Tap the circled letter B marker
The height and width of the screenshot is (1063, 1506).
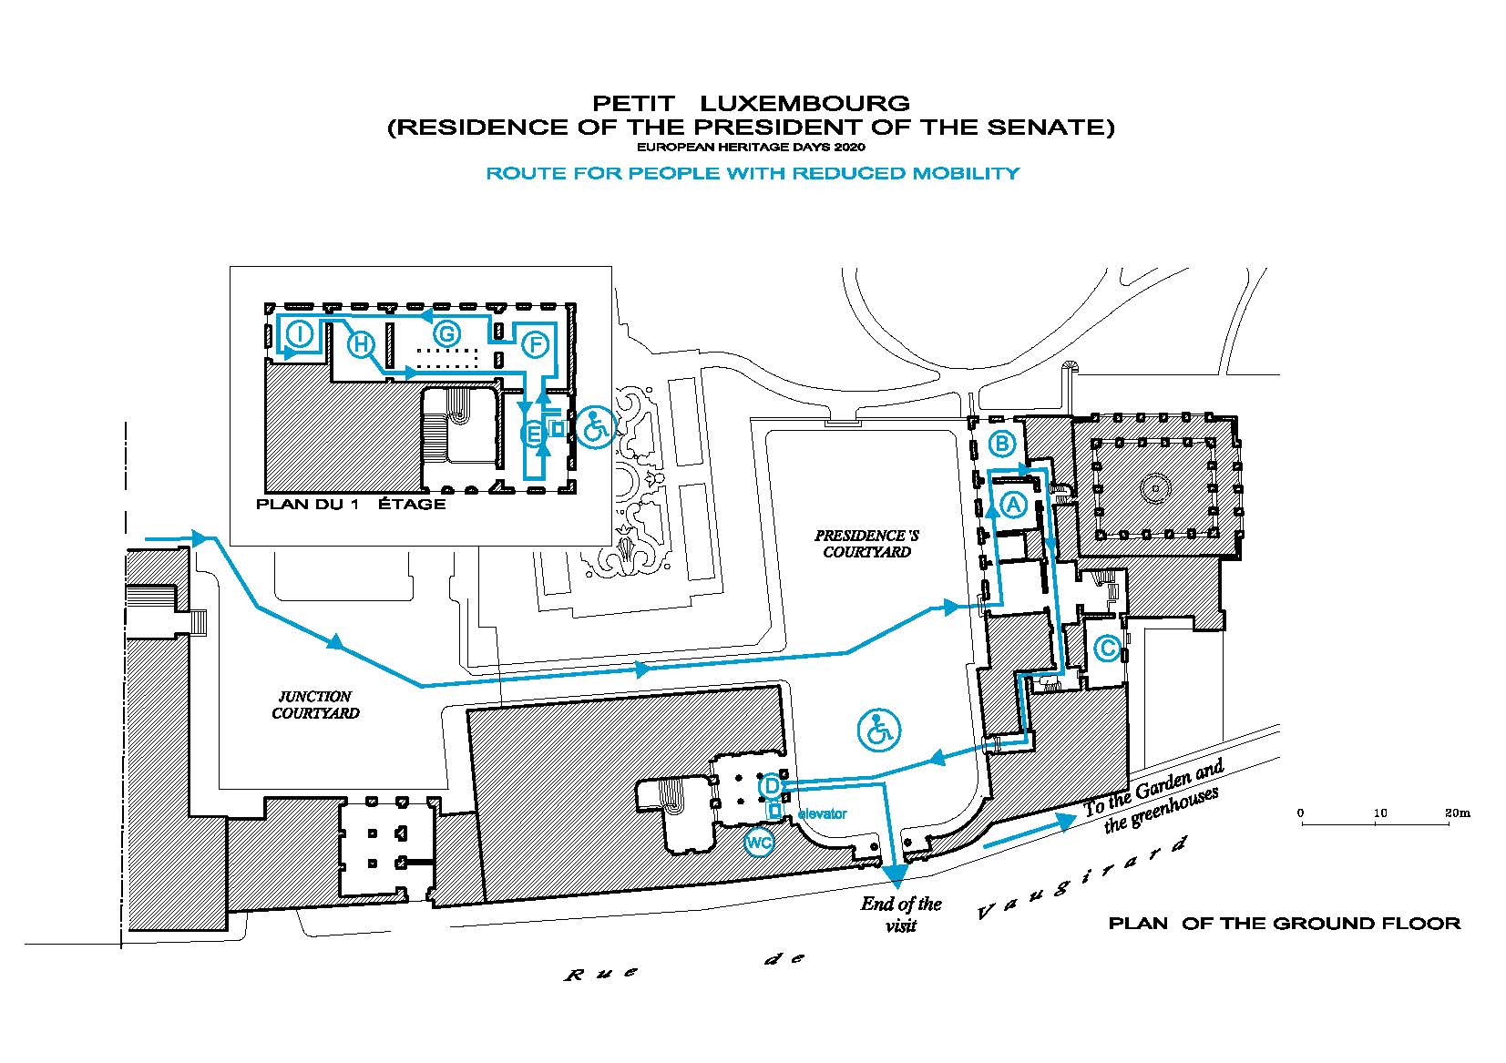tap(1002, 444)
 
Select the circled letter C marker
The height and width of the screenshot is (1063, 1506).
tap(1107, 649)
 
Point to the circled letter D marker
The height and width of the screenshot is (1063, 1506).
tap(771, 785)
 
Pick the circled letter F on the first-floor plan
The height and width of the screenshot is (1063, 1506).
tap(535, 345)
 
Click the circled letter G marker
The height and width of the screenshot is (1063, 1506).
tap(447, 333)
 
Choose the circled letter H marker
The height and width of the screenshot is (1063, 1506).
tap(361, 344)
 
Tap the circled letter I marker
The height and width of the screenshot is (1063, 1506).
tap(301, 333)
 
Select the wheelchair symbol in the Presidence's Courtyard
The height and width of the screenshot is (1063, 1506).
tap(879, 730)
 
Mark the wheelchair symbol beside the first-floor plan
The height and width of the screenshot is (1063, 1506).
tap(596, 427)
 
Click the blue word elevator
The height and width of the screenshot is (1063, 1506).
tap(822, 813)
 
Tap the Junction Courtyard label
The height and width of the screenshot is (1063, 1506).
tap(315, 705)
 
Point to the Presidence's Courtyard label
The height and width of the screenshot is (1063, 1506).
tap(866, 543)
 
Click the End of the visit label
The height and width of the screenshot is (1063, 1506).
tap(901, 915)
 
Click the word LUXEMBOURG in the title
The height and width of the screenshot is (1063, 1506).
tap(804, 104)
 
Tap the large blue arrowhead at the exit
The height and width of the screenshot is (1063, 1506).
tap(895, 874)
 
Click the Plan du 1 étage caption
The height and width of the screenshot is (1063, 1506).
tap(350, 505)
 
